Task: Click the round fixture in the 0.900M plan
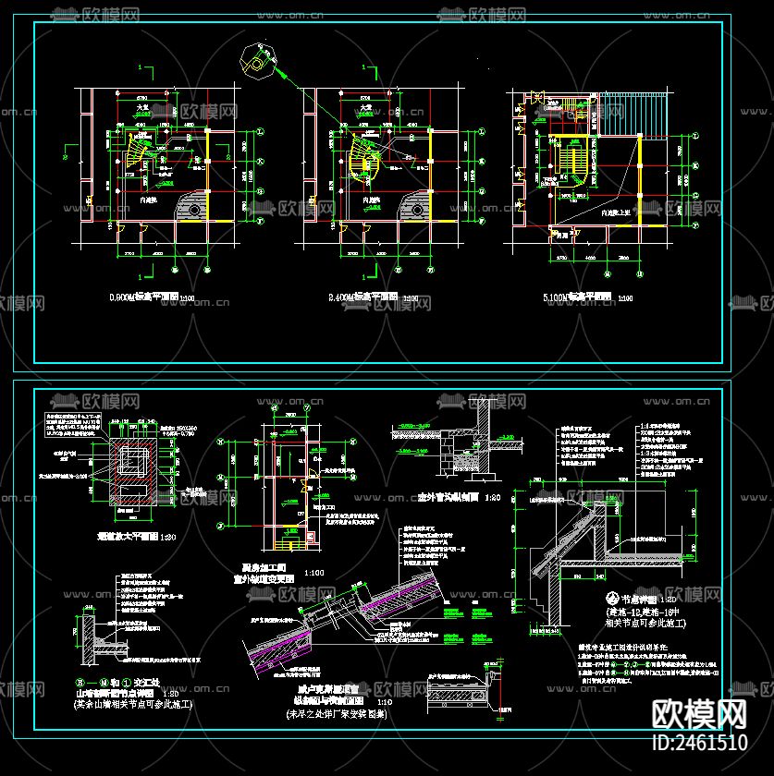click(x=195, y=211)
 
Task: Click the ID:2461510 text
click(x=700, y=742)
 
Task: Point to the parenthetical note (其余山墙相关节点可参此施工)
click(x=131, y=704)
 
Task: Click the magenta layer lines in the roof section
click(x=305, y=646)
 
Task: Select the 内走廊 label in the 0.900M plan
click(x=147, y=200)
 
